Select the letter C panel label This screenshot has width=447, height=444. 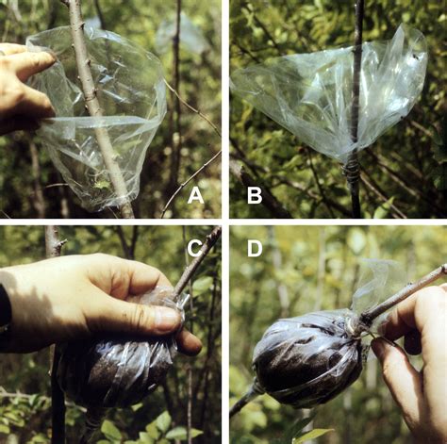(195, 248)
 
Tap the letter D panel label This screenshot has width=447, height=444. (255, 248)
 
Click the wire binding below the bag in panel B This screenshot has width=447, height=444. (351, 171)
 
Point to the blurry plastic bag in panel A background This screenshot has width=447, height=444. (182, 35)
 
